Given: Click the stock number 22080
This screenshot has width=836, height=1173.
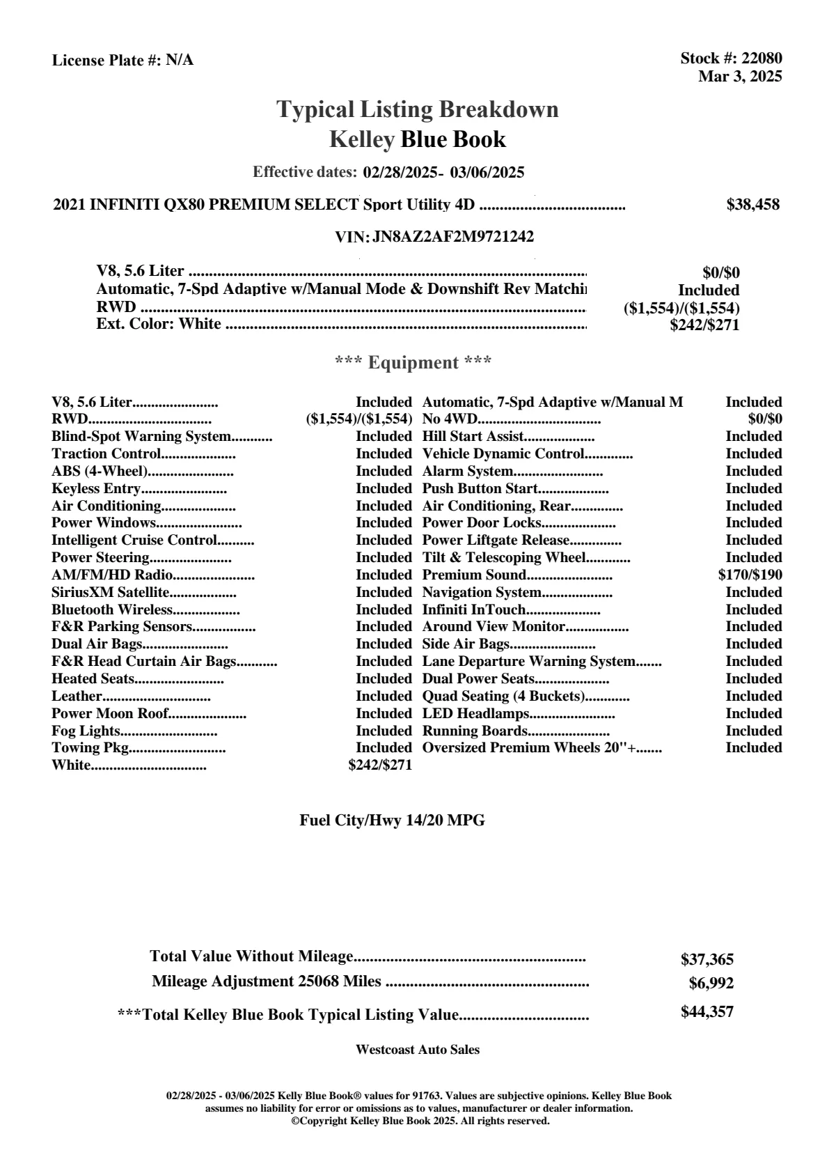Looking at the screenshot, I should pyautogui.click(x=762, y=59).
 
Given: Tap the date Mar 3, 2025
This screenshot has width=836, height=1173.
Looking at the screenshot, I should pyautogui.click(x=740, y=76).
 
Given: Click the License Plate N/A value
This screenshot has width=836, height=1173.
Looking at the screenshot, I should pyautogui.click(x=180, y=61).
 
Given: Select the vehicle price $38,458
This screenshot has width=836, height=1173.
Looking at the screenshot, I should pyautogui.click(x=752, y=205).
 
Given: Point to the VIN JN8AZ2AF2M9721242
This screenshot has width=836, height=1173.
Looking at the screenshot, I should pyautogui.click(x=453, y=237).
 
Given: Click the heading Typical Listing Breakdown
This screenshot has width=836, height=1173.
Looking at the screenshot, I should pyautogui.click(x=418, y=109).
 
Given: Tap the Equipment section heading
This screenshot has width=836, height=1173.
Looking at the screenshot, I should pyautogui.click(x=413, y=363).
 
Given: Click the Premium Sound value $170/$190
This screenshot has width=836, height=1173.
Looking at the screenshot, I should pyautogui.click(x=750, y=575).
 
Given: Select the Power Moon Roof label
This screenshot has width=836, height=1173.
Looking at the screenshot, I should pyautogui.click(x=110, y=714).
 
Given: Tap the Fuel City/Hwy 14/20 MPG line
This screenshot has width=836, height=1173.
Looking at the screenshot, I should pyautogui.click(x=392, y=821).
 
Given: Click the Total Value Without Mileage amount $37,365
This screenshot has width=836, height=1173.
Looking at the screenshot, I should pyautogui.click(x=707, y=960).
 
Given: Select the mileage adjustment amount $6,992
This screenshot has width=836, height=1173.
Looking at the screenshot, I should pyautogui.click(x=711, y=984).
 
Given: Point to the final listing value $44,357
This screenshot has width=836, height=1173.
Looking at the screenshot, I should pyautogui.click(x=707, y=1012).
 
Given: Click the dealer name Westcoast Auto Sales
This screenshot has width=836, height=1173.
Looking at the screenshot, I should pyautogui.click(x=418, y=1050).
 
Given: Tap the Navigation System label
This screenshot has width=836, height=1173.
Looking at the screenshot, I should pyautogui.click(x=482, y=593).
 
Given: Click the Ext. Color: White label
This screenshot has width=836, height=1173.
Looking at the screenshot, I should pyautogui.click(x=159, y=324).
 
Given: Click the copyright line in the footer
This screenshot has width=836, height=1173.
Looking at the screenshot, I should pyautogui.click(x=420, y=1121).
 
